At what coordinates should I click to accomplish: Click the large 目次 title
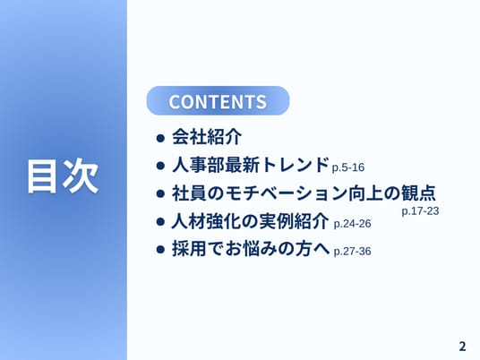click(x=63, y=176)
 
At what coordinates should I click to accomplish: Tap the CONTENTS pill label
click(x=218, y=101)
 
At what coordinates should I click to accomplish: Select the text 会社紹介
click(x=207, y=136)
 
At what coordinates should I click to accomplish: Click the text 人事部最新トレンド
click(x=251, y=165)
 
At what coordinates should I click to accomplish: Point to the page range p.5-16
click(x=348, y=167)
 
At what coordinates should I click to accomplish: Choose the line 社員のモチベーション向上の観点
click(x=304, y=193)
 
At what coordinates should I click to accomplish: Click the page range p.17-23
click(x=420, y=211)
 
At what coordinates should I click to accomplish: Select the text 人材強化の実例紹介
click(x=250, y=220)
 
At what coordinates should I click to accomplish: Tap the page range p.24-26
click(x=352, y=224)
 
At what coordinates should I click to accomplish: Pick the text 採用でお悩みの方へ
click(x=251, y=248)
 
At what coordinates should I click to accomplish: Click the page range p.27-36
click(x=352, y=252)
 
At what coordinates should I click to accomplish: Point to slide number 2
click(x=462, y=347)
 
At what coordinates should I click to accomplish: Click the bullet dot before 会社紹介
click(x=160, y=138)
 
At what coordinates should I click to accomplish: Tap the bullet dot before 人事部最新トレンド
click(x=160, y=166)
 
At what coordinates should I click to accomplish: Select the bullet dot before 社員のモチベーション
click(x=160, y=193)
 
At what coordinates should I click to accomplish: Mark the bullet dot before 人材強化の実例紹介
click(x=160, y=221)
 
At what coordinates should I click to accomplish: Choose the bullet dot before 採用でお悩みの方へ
click(x=160, y=249)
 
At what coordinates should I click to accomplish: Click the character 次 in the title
click(x=81, y=176)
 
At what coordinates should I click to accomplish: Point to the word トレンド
click(x=296, y=165)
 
